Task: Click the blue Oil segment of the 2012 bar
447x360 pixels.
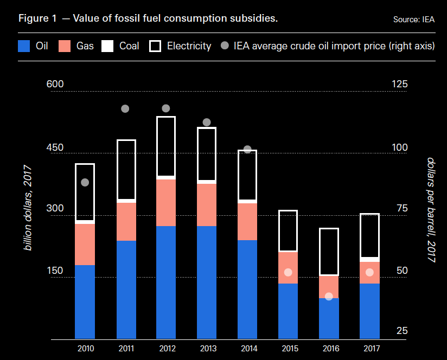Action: coord(166,282)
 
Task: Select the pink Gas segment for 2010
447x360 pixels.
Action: coord(85,244)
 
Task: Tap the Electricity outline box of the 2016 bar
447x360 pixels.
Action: coord(329,252)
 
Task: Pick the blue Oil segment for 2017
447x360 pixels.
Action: coord(369,311)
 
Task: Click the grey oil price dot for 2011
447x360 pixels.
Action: coord(125,108)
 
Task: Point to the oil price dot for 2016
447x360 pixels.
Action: coord(329,297)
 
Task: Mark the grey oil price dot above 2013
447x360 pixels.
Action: coord(207,123)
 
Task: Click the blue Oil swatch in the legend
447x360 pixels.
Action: coord(24,46)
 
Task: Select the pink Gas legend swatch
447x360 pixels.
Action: coord(66,46)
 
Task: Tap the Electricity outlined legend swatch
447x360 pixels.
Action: coord(155,46)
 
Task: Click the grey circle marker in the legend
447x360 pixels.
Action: coord(225,46)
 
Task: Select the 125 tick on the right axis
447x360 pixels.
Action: coord(399,84)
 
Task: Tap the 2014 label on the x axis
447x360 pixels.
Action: coord(247,348)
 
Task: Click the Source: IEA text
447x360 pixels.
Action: coord(414,20)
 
